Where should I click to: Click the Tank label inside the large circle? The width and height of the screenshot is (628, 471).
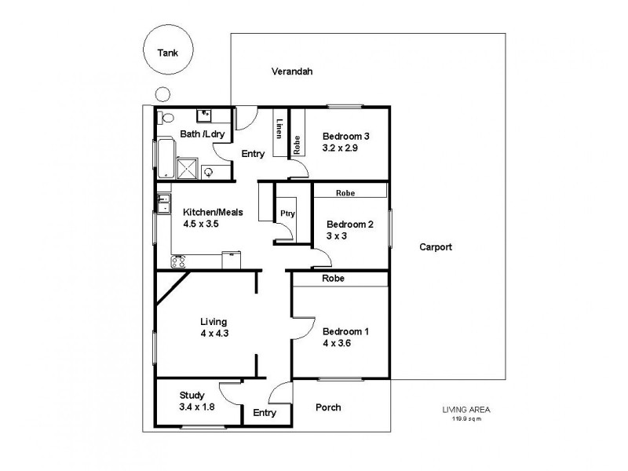(168, 53)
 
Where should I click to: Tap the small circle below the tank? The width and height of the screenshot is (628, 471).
(162, 94)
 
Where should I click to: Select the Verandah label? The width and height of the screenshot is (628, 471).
(292, 71)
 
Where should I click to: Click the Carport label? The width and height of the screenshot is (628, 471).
(435, 246)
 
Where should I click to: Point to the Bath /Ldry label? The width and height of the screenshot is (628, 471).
(203, 135)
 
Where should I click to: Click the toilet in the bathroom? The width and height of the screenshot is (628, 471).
(165, 118)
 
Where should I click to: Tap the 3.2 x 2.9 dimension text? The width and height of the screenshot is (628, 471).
(341, 148)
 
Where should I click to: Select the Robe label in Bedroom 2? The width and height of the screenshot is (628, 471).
(345, 192)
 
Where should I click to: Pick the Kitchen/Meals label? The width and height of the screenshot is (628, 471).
(214, 212)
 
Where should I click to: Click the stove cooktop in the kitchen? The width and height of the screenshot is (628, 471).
(178, 262)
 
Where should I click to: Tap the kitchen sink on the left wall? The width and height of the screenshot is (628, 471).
(162, 204)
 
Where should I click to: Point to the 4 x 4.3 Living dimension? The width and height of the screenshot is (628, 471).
(214, 333)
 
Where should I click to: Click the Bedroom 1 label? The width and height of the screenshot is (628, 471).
(345, 332)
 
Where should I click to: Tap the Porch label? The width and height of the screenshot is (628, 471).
(328, 407)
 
